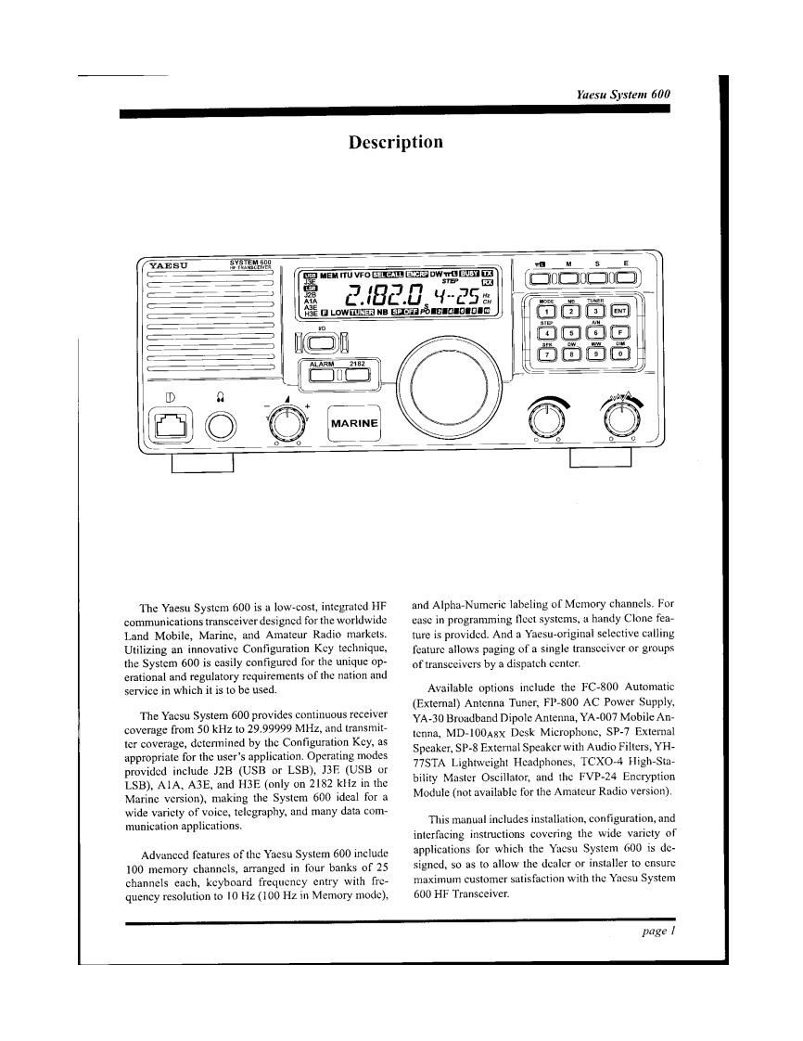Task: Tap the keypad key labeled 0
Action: tap(621, 353)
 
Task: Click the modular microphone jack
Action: tap(172, 426)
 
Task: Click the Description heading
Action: tap(395, 142)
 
